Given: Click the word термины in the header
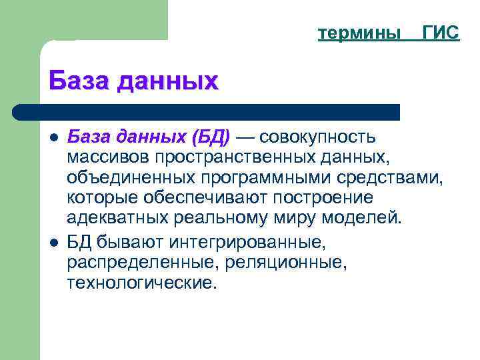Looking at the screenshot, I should point(359,33).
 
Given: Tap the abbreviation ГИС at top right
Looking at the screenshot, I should point(441,33).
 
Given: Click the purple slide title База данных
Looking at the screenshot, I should point(133,81).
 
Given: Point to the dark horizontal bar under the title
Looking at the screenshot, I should point(207,111).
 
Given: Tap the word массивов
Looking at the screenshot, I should point(108,158).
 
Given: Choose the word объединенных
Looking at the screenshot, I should point(128,178).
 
